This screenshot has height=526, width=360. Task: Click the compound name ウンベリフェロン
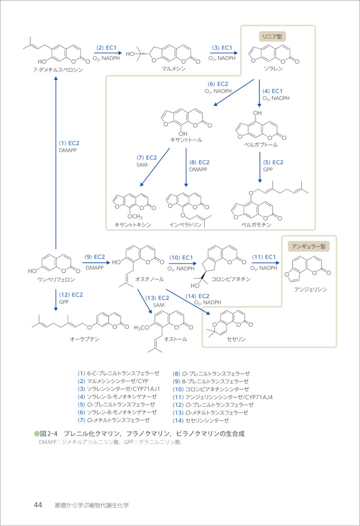56,279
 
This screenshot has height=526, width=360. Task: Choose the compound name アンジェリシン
311,289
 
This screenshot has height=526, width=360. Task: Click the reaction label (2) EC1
106,47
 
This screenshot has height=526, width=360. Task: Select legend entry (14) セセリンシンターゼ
201,420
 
